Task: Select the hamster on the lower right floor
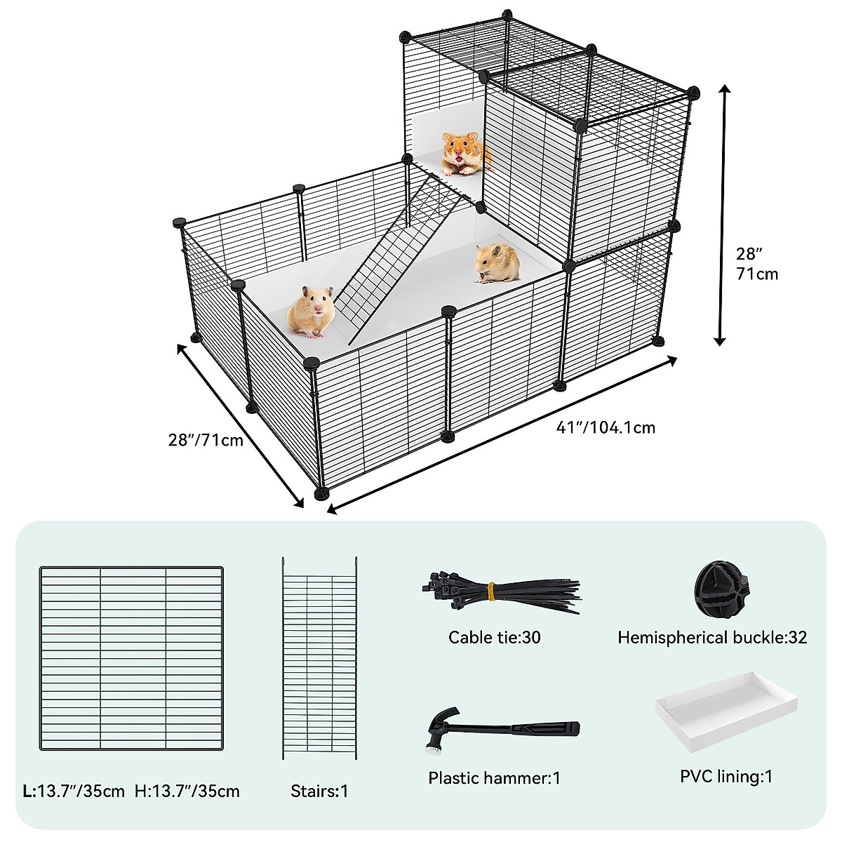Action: (x=497, y=262)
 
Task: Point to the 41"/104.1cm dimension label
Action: (x=606, y=427)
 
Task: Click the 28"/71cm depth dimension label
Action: (x=206, y=440)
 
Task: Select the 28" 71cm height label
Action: (x=756, y=263)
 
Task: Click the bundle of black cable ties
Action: (x=502, y=594)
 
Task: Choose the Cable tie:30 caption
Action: (x=495, y=637)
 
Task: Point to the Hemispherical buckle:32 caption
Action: (x=712, y=637)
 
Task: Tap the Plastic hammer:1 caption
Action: (x=495, y=777)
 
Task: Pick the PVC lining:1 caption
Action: (x=726, y=776)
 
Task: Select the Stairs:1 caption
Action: (x=319, y=791)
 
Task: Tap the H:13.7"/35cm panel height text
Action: (x=187, y=791)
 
